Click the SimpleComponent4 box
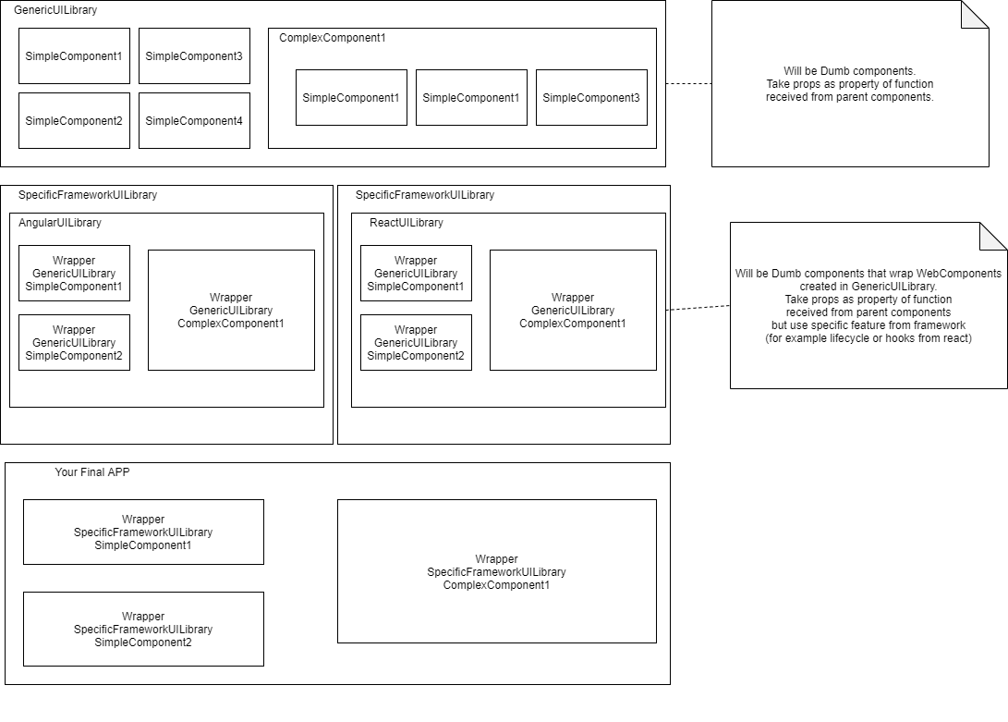coord(194,120)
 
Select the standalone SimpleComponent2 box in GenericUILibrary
coord(74,120)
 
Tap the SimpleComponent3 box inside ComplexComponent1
coord(591,97)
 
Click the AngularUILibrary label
coord(60,223)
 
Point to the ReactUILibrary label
coord(407,223)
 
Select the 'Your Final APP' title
coord(92,472)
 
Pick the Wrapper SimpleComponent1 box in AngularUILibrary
coord(74,273)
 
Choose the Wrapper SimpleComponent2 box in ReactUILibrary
coord(416,342)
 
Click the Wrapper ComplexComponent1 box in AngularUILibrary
coord(231,310)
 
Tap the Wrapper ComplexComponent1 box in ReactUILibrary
coord(573,310)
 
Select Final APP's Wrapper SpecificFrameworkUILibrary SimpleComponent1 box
coord(143,532)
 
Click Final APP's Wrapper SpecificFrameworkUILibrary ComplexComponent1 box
coord(496,571)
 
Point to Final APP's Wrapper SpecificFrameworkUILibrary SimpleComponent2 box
coord(143,629)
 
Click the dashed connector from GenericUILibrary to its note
coord(688,83)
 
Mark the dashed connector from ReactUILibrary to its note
coord(698,308)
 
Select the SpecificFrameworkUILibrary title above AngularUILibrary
coord(88,195)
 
